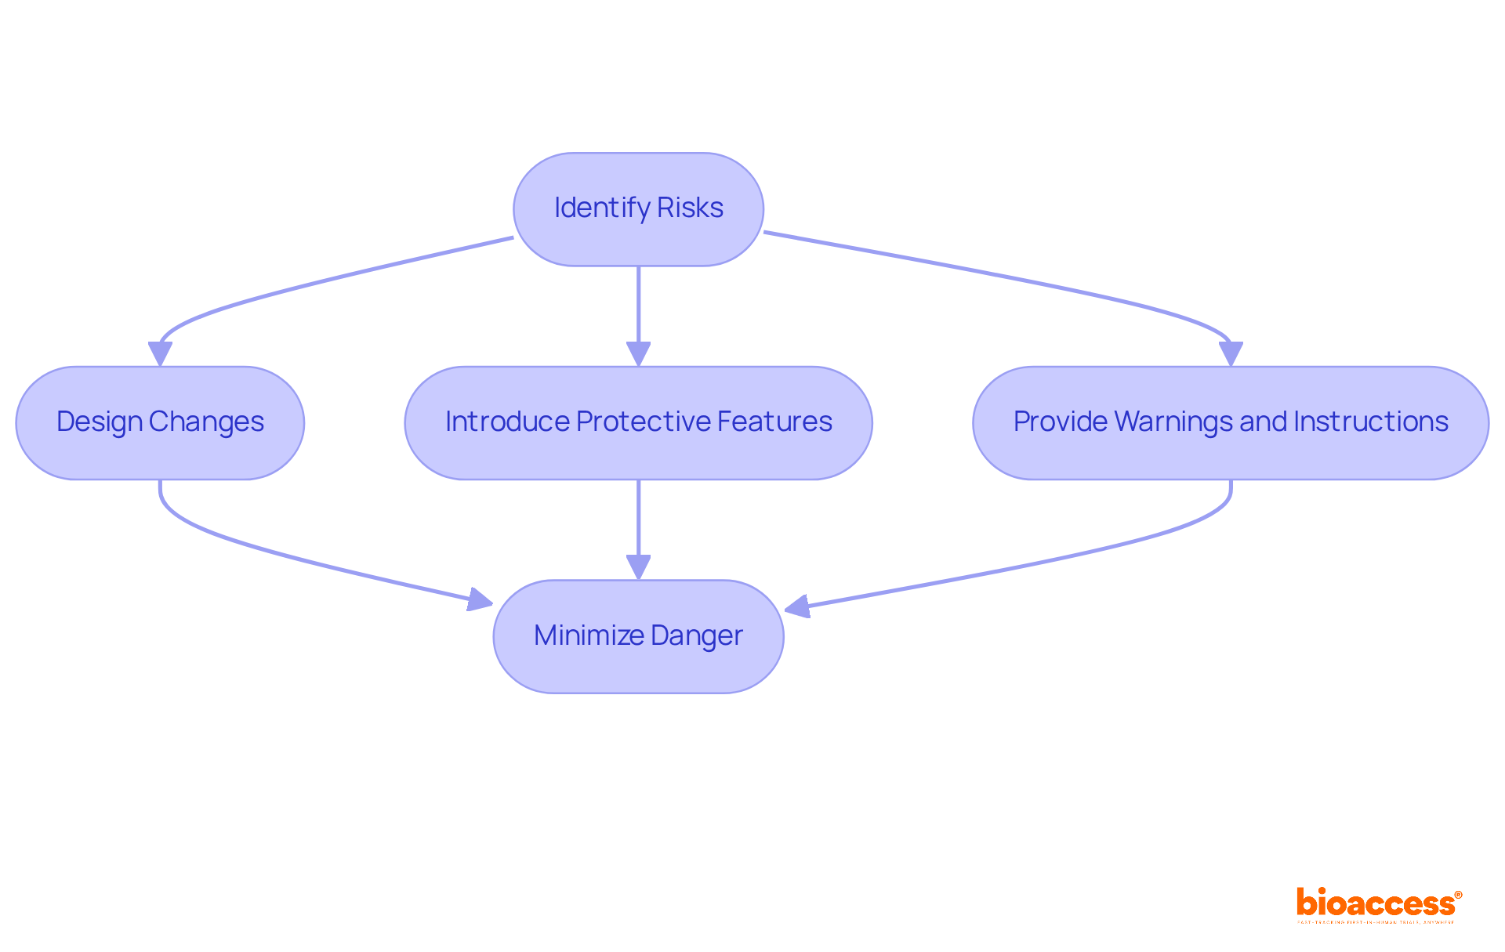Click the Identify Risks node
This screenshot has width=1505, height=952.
coord(638,209)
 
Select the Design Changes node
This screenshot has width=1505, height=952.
coord(160,423)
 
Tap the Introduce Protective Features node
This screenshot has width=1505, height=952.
coord(638,423)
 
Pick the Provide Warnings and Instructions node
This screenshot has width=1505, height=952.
coord(1230,423)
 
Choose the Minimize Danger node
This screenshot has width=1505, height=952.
coord(638,636)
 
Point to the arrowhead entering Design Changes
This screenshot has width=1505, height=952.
coord(160,354)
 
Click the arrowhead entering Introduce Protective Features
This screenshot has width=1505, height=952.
coord(638,354)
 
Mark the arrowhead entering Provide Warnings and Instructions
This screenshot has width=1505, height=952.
coord(1231,354)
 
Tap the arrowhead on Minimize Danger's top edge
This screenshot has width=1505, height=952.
coord(638,567)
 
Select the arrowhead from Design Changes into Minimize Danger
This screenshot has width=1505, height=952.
coord(480,600)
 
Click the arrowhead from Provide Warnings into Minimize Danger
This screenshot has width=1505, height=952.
coord(797,606)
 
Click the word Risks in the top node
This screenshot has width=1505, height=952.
coord(690,208)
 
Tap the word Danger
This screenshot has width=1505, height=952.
coord(696,635)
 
